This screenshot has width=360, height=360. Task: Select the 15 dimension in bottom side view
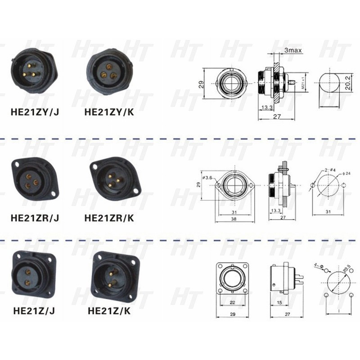point(279,302)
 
